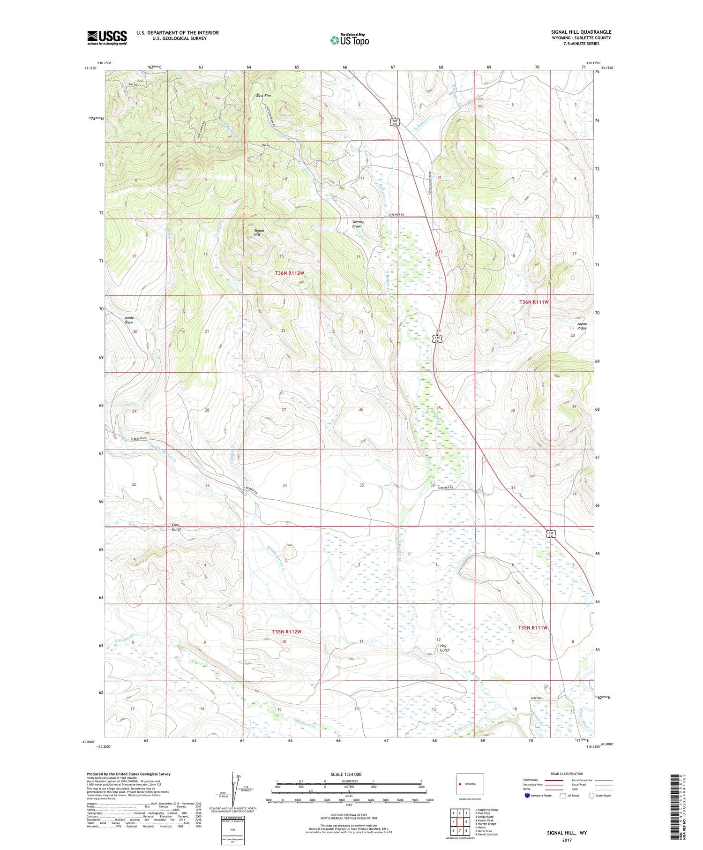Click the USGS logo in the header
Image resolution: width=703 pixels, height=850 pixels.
(x=107, y=38)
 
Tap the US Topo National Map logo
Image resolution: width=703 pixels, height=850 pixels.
(x=349, y=40)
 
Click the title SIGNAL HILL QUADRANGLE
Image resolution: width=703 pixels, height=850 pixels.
(x=581, y=32)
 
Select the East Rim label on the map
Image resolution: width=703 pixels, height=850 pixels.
(x=263, y=96)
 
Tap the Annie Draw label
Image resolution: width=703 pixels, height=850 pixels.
(x=129, y=320)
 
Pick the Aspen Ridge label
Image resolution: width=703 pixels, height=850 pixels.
(x=582, y=326)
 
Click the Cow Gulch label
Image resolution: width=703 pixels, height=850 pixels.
(x=176, y=527)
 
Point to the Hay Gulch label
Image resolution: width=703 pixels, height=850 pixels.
(x=444, y=648)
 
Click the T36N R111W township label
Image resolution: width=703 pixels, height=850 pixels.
(x=533, y=302)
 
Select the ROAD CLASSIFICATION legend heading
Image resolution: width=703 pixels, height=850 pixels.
(x=567, y=774)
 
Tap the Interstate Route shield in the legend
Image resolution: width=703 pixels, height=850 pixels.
(x=527, y=796)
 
